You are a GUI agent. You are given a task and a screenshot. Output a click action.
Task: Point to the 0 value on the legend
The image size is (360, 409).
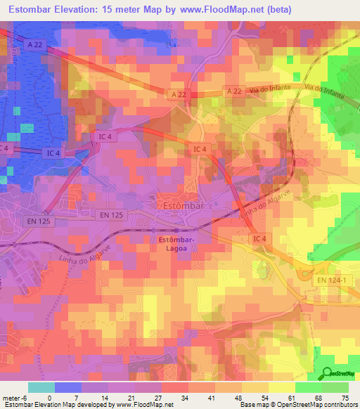pos(49,397)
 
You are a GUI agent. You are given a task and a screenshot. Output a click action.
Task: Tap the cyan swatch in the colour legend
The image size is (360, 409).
pos(41,387)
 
